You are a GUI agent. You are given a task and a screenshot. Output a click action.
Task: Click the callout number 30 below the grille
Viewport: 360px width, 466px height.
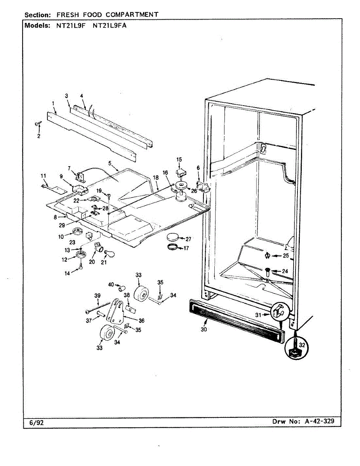(203, 329)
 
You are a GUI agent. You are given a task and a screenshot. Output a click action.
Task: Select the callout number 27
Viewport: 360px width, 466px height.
(188, 239)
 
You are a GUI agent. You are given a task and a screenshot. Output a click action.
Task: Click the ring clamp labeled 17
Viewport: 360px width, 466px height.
(173, 248)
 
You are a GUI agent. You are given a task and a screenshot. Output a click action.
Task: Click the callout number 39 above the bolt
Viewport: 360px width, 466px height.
(97, 296)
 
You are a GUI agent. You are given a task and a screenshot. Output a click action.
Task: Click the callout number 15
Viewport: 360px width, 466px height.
(179, 159)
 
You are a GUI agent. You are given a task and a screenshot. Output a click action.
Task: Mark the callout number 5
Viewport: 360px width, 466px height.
(110, 163)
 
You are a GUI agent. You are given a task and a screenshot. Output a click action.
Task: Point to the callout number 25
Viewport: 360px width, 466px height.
(286, 256)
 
